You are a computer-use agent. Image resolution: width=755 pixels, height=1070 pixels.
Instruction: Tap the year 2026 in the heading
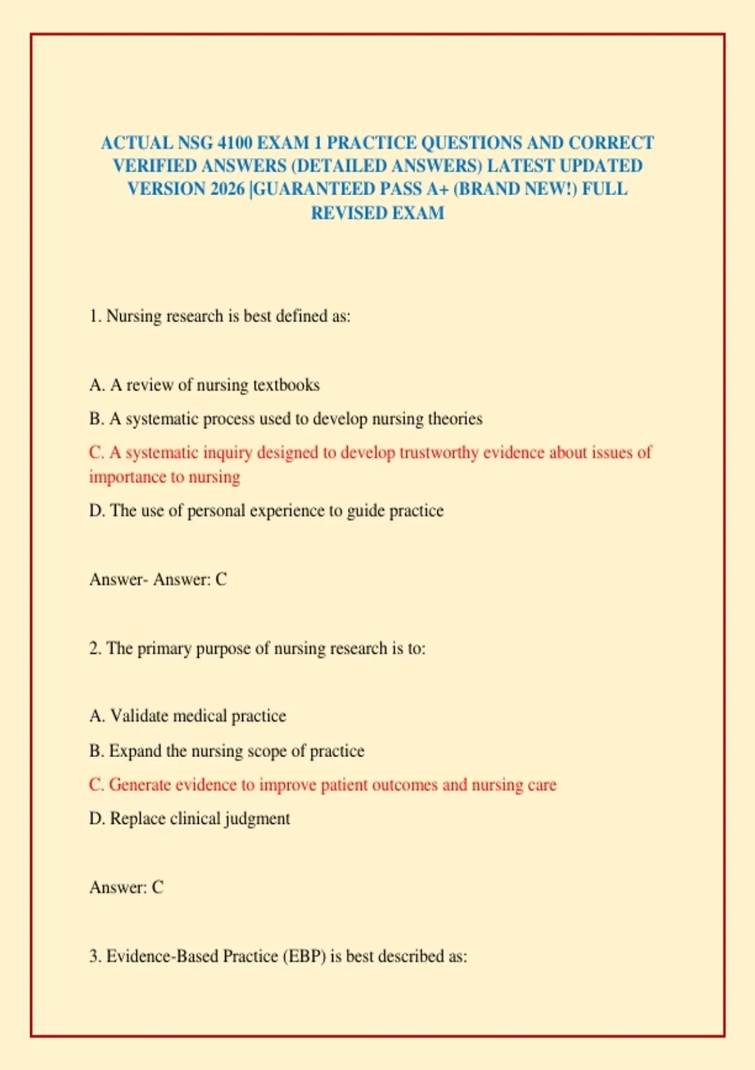[227, 189]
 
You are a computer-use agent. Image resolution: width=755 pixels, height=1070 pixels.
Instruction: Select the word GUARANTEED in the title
[313, 189]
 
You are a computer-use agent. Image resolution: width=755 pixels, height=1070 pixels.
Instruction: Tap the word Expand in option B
[135, 751]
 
